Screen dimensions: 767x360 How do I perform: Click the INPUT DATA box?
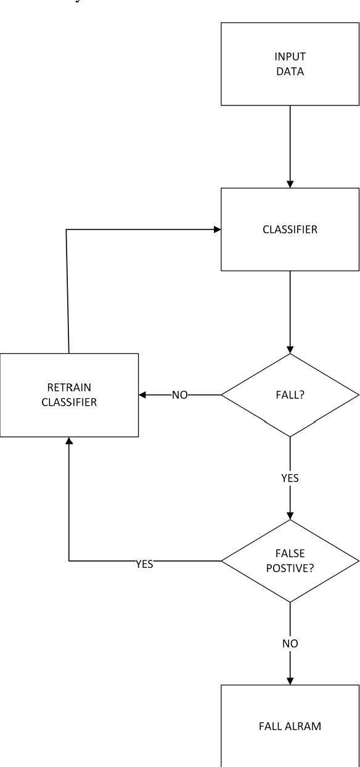pos(290,64)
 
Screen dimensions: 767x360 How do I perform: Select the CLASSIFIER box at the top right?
pos(290,229)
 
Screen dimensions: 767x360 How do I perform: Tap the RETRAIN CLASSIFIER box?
pos(69,395)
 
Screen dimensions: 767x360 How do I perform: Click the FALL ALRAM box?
pos(290,725)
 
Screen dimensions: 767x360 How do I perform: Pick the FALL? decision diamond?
pos(290,395)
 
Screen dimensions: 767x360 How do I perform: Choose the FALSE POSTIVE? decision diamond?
pos(290,560)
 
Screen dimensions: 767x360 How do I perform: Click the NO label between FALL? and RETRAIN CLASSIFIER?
pos(179,395)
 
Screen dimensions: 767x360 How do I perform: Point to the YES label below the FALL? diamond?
pos(290,478)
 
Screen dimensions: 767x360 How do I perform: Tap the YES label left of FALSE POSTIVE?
pos(144,562)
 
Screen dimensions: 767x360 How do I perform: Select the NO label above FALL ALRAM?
pos(290,643)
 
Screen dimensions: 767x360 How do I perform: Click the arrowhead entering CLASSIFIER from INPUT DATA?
pos(290,184)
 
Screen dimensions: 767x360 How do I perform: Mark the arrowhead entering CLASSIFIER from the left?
pos(217,229)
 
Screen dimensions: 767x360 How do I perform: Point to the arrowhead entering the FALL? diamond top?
pos(290,349)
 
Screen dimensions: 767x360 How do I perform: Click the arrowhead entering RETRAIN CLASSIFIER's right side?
pos(143,395)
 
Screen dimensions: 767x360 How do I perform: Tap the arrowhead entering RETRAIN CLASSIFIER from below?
pos(69,441)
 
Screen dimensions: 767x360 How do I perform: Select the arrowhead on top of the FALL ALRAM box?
pos(290,681)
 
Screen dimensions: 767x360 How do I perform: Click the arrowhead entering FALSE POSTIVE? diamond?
pos(290,515)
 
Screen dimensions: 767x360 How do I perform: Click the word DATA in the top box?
pos(290,70)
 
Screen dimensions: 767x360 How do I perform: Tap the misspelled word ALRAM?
pos(305,725)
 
